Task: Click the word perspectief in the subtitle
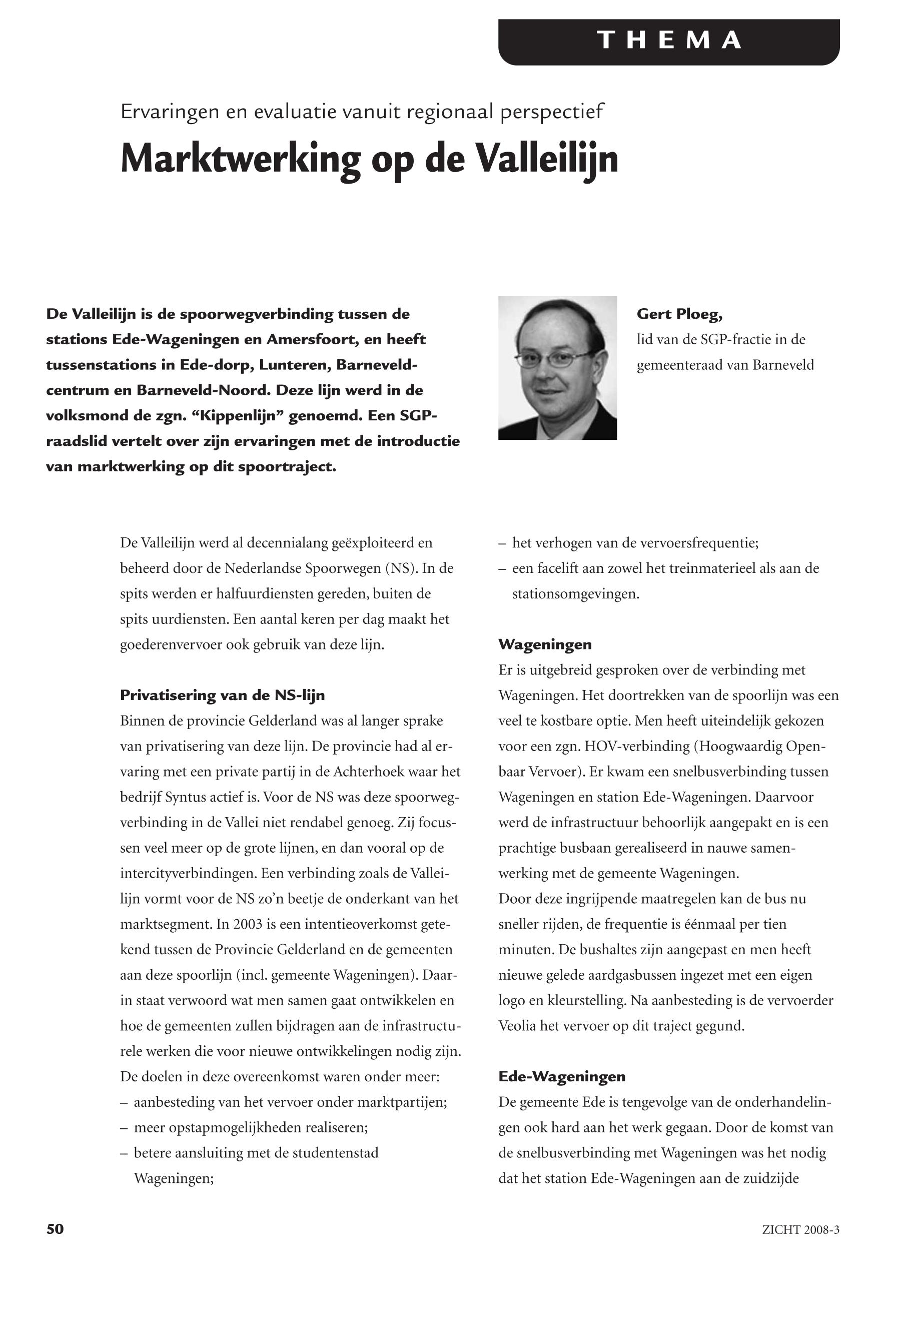click(x=552, y=111)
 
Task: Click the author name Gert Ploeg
click(x=679, y=314)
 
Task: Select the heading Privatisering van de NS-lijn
click(x=222, y=696)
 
